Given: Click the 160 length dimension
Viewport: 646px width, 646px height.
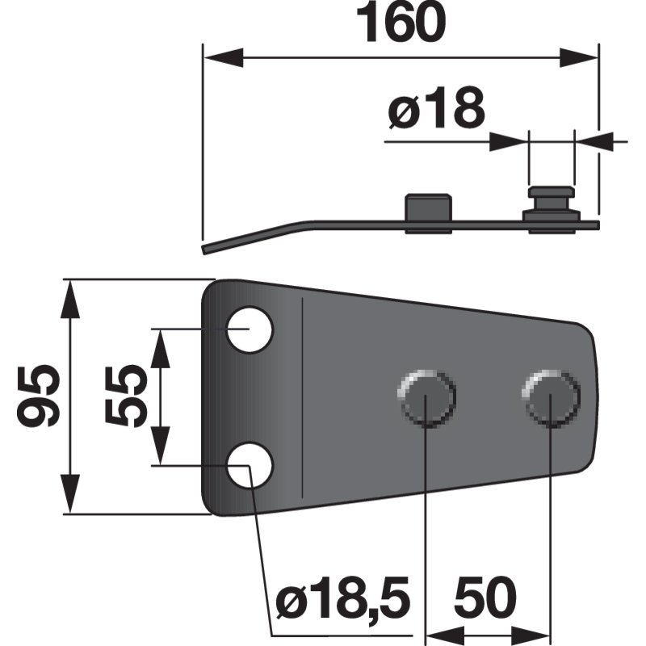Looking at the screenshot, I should point(402,24).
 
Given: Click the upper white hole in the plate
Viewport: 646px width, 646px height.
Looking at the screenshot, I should point(249,329).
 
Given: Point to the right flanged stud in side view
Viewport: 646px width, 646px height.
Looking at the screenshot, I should point(551,205).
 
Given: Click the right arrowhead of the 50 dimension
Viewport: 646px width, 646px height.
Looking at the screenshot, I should point(539,632).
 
